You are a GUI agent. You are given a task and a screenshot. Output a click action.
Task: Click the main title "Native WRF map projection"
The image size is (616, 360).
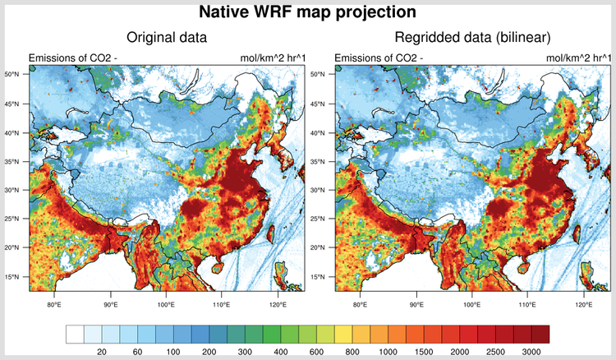(308, 12)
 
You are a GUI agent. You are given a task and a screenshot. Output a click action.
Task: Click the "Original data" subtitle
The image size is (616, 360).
(166, 38)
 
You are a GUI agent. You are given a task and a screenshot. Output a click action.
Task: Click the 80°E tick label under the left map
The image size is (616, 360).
(55, 305)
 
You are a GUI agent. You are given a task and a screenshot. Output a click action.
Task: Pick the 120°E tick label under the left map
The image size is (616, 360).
(278, 305)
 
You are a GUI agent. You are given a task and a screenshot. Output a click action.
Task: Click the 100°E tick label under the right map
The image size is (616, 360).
(472, 305)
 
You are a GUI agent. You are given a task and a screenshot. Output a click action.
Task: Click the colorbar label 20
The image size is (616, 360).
(103, 352)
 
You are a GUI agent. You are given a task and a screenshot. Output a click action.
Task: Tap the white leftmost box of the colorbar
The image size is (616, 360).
(75, 334)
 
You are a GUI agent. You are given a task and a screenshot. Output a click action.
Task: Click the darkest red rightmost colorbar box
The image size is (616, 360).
(540, 334)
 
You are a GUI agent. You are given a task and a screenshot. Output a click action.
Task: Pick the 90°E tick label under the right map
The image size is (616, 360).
(416, 305)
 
